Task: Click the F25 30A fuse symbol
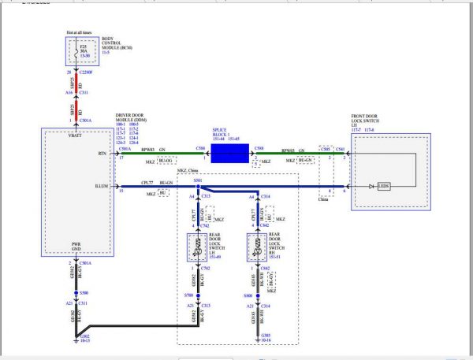69,54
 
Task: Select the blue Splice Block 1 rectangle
229,152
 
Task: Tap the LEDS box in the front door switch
384,186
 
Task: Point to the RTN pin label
102,154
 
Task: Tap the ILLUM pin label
99,187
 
